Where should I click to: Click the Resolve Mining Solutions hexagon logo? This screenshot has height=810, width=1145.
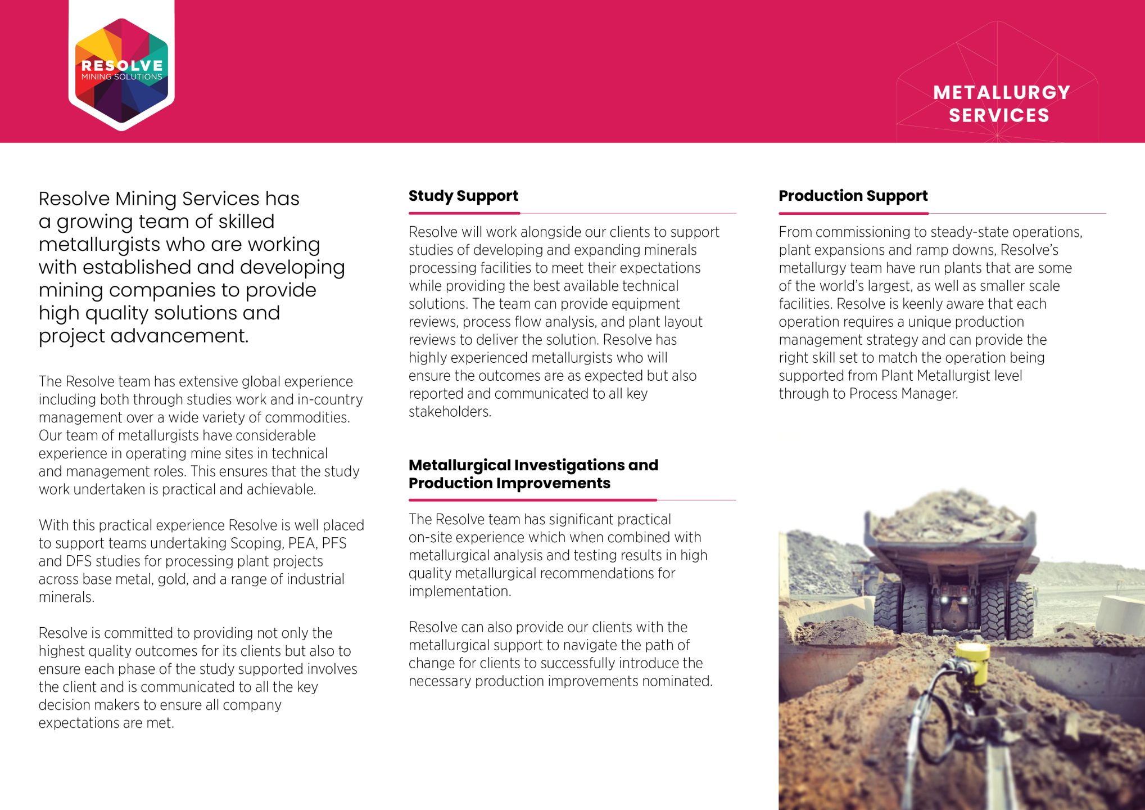pyautogui.click(x=121, y=71)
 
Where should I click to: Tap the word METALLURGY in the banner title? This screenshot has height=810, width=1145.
pyautogui.click(x=1001, y=93)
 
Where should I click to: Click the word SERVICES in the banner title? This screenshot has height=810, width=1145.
pyautogui.click(x=999, y=115)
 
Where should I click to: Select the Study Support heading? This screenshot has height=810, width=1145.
pyautogui.click(x=463, y=196)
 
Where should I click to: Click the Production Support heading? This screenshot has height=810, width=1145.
pyautogui.click(x=853, y=196)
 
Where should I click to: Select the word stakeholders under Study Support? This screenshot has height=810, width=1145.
pyautogui.click(x=449, y=412)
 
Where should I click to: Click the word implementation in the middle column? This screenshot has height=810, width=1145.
pyautogui.click(x=459, y=591)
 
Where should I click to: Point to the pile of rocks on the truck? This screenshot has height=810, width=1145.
pyautogui.click(x=950, y=515)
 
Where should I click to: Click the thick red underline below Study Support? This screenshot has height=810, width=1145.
pyautogui.click(x=464, y=213)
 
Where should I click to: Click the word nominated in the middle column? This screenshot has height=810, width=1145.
pyautogui.click(x=677, y=681)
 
